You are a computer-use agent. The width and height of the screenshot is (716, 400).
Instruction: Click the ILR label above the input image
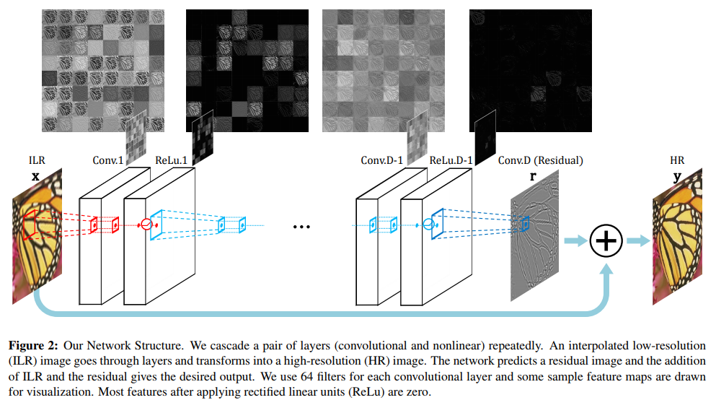tap(37, 160)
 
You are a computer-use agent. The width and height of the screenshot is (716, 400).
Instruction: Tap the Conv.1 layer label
tap(107, 160)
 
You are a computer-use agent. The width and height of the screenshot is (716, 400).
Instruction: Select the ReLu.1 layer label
tap(171, 160)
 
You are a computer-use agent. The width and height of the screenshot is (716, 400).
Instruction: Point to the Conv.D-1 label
tap(381, 160)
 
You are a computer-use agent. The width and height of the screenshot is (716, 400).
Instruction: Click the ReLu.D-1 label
tap(451, 160)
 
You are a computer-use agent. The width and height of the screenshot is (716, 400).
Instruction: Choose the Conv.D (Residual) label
tap(540, 160)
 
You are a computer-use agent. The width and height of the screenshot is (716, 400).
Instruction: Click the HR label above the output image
tap(677, 160)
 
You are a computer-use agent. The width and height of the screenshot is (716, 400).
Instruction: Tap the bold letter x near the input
tap(35, 176)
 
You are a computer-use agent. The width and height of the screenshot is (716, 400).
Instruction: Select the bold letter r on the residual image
tap(532, 176)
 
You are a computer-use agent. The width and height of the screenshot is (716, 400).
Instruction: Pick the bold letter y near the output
tap(677, 177)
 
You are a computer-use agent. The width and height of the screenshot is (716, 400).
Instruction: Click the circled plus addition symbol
tap(606, 240)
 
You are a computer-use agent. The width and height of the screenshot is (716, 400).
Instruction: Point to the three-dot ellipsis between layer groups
tap(302, 227)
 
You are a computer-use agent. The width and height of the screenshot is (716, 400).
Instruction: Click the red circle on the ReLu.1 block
tap(146, 224)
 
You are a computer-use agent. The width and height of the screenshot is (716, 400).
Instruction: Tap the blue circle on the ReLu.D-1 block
tap(428, 224)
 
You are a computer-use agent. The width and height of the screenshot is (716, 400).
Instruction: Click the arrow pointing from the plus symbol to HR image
tap(638, 240)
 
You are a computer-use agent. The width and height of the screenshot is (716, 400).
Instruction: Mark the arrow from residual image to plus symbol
tap(575, 240)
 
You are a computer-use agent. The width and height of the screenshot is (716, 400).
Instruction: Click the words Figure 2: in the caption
tap(33, 346)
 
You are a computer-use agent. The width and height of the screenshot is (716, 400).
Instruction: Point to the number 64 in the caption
tap(307, 377)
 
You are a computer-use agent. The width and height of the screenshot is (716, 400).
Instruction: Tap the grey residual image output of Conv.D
tap(535, 235)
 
